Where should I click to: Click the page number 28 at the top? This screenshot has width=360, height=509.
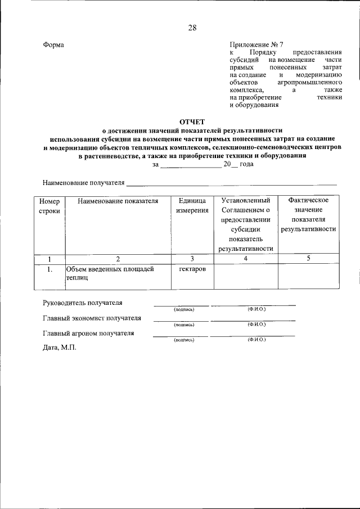pyautogui.click(x=192, y=28)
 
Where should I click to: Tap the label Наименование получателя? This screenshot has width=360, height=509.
pyautogui.click(x=83, y=182)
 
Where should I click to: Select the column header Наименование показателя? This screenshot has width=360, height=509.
pyautogui.click(x=118, y=200)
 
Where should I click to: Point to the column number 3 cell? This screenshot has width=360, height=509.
pyautogui.click(x=192, y=259)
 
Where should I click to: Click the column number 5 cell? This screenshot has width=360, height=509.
pyautogui.click(x=308, y=259)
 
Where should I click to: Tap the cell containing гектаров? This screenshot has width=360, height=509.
pyautogui.click(x=192, y=269)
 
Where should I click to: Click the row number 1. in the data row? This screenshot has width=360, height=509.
pyautogui.click(x=49, y=269)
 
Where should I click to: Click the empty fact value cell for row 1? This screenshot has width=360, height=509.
pyautogui.click(x=308, y=275)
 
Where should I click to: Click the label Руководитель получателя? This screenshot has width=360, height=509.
pyautogui.click(x=83, y=303)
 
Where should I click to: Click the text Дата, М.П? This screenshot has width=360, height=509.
pyautogui.click(x=59, y=348)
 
